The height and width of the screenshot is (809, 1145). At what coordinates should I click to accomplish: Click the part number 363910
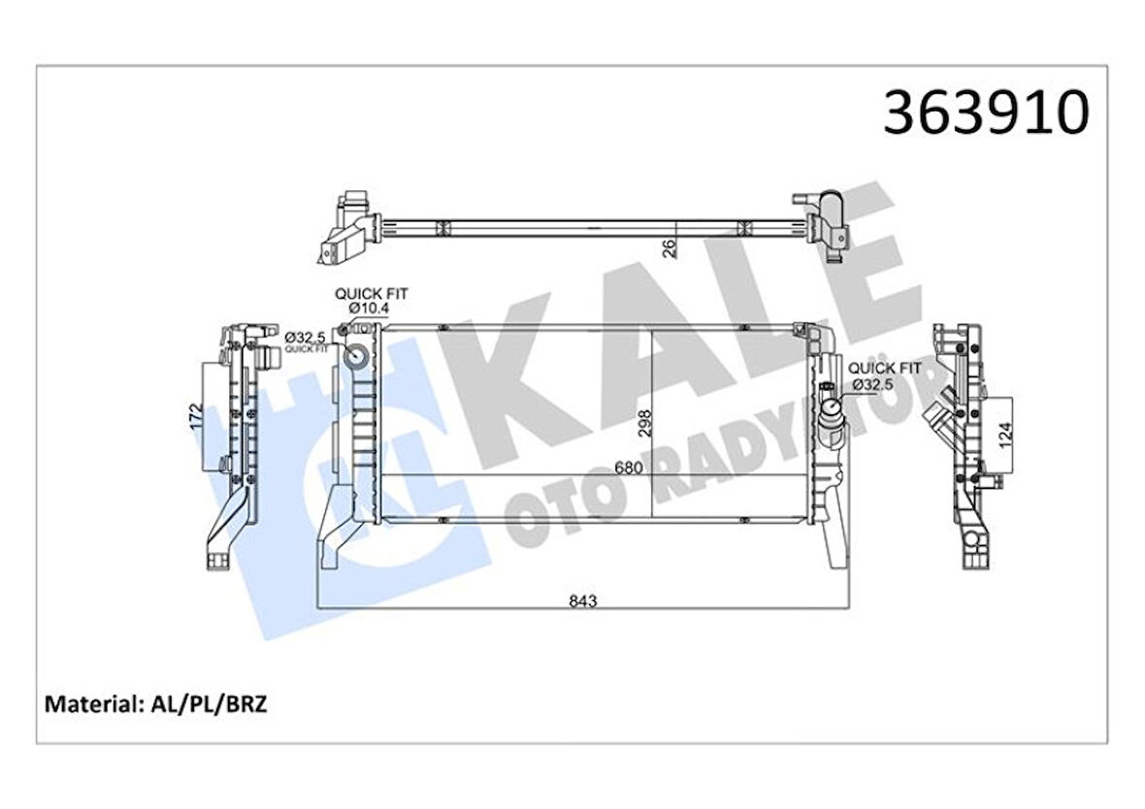pos(986,113)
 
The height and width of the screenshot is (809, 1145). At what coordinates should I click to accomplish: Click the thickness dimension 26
pos(669,248)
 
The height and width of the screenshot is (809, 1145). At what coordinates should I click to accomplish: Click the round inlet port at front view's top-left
pos(357,356)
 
